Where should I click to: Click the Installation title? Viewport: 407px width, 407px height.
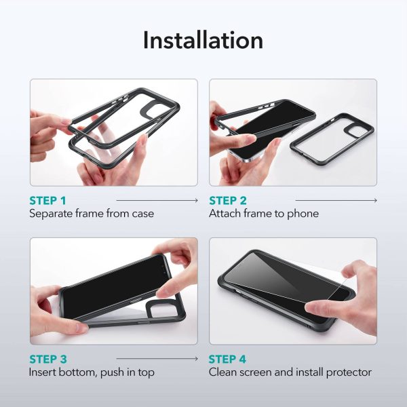point(203,40)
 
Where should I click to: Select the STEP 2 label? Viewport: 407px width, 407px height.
point(228,201)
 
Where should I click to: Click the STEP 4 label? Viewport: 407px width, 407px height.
point(228,359)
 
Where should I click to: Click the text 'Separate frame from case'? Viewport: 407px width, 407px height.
point(91,214)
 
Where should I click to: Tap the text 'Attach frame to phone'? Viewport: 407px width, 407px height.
point(264,214)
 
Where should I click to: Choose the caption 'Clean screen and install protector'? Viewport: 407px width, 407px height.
point(290,372)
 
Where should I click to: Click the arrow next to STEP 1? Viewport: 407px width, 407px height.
point(157,201)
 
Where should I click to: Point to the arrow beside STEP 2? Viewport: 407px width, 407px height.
point(336,201)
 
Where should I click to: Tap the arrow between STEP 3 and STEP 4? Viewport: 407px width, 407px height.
point(157,359)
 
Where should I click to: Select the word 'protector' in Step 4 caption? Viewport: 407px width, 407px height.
point(348,372)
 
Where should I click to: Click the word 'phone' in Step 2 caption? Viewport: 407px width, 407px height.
point(304,214)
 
